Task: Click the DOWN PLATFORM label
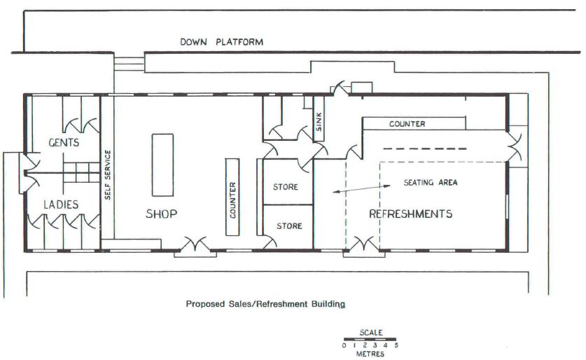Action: tap(222, 42)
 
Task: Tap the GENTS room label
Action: tap(64, 142)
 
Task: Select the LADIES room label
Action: tap(61, 205)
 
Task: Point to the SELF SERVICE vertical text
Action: tap(108, 174)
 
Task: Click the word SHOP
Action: tap(162, 214)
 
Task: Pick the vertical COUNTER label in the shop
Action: tap(232, 200)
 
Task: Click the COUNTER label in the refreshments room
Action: tap(407, 124)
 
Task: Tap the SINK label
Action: tap(319, 122)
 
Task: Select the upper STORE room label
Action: tap(286, 187)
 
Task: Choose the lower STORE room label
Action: tap(289, 226)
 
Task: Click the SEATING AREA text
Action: tap(431, 182)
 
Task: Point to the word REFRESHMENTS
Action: tap(411, 214)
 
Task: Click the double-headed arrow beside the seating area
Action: tap(361, 189)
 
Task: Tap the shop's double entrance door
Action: tap(195, 246)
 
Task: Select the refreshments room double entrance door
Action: tap(364, 246)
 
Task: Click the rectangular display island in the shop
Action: tap(162, 165)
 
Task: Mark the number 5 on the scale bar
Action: tap(396, 345)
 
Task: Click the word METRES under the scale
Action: tap(370, 354)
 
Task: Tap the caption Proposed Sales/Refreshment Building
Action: tap(266, 304)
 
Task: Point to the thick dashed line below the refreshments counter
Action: tap(425, 148)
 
